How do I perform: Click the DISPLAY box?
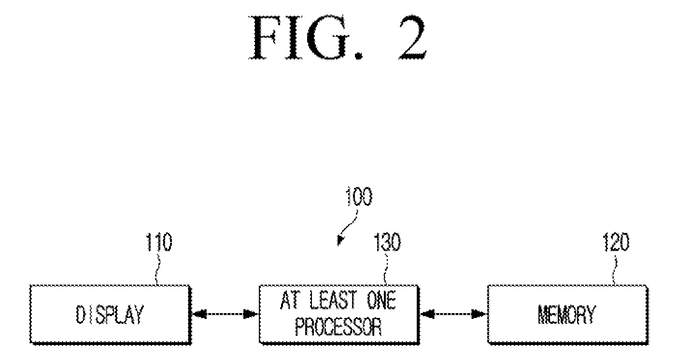111,314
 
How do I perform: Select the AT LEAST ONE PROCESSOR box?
339,314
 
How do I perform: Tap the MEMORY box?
568,314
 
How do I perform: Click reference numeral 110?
159,242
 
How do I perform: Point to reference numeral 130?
388,242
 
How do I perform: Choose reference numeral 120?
617,242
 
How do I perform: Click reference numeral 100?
359,197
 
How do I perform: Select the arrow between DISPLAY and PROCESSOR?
225,314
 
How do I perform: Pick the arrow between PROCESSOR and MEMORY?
453,314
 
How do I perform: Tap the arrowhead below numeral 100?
340,240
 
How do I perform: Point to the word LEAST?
333,301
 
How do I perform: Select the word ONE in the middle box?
381,301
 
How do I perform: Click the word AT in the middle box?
290,301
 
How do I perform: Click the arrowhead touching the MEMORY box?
480,314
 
